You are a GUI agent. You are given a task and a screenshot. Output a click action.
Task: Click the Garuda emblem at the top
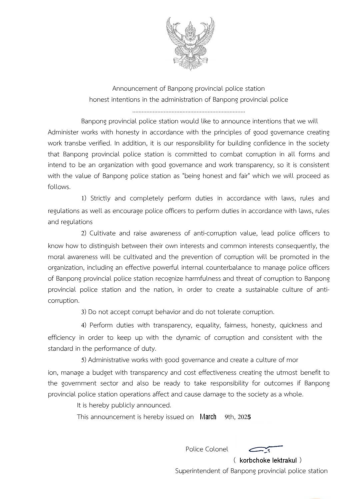[190, 43]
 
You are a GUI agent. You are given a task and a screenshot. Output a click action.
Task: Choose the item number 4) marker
[84, 325]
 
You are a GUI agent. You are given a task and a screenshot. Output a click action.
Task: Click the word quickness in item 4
[293, 325]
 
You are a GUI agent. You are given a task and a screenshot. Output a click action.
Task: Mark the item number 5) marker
[84, 360]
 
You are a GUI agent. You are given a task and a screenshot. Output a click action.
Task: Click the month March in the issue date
[208, 417]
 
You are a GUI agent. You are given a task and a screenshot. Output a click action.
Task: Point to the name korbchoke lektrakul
[268, 461]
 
